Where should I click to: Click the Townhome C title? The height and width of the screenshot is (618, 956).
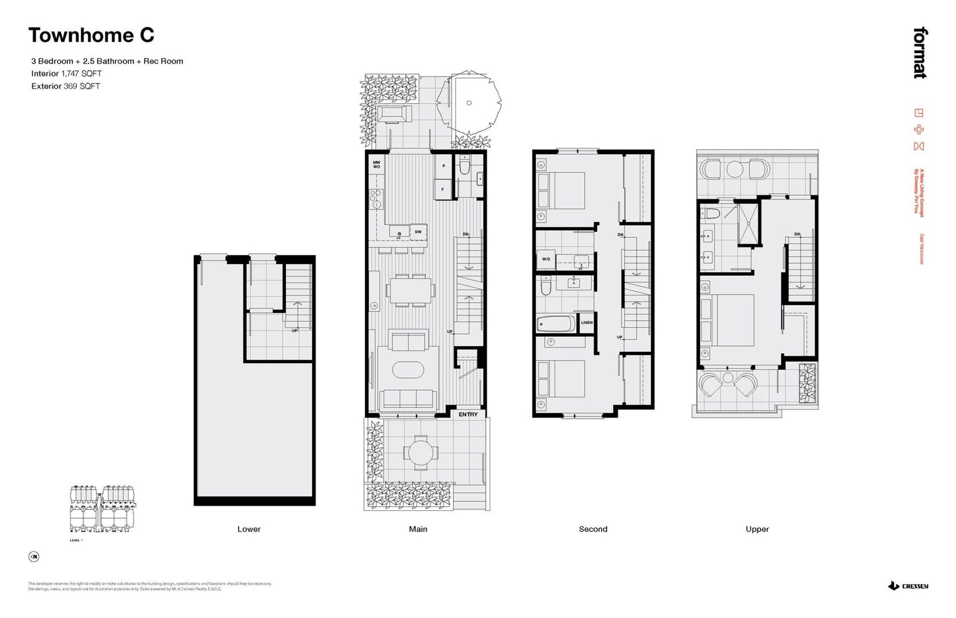coord(91,35)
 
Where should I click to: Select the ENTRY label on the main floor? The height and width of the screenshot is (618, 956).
coord(468,414)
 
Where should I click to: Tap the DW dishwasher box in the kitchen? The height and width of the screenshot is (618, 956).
coord(418,232)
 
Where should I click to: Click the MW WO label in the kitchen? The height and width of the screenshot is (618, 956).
coord(376,165)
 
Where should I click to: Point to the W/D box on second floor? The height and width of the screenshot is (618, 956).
coord(546,259)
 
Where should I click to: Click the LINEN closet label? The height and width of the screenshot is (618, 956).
coord(587,322)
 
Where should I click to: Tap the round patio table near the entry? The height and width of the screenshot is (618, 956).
coord(421,453)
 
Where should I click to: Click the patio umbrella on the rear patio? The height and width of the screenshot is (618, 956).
coord(469,103)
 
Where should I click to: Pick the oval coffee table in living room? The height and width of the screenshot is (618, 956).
coord(408,370)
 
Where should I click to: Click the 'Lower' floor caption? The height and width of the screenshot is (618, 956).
coord(249,529)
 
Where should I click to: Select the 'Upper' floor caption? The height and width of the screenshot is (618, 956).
coord(757,529)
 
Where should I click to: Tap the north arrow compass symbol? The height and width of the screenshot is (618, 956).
coord(34,556)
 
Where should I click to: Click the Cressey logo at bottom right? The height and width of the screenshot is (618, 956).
coord(908,586)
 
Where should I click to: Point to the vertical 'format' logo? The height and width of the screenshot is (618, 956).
coord(920,53)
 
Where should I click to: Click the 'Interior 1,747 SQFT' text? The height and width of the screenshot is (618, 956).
coord(66,74)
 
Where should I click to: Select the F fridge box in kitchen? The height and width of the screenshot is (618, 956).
coord(442,190)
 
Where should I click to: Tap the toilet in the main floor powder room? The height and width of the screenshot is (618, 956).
coord(465,165)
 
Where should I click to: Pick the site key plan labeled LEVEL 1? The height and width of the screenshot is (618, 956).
coord(102,509)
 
